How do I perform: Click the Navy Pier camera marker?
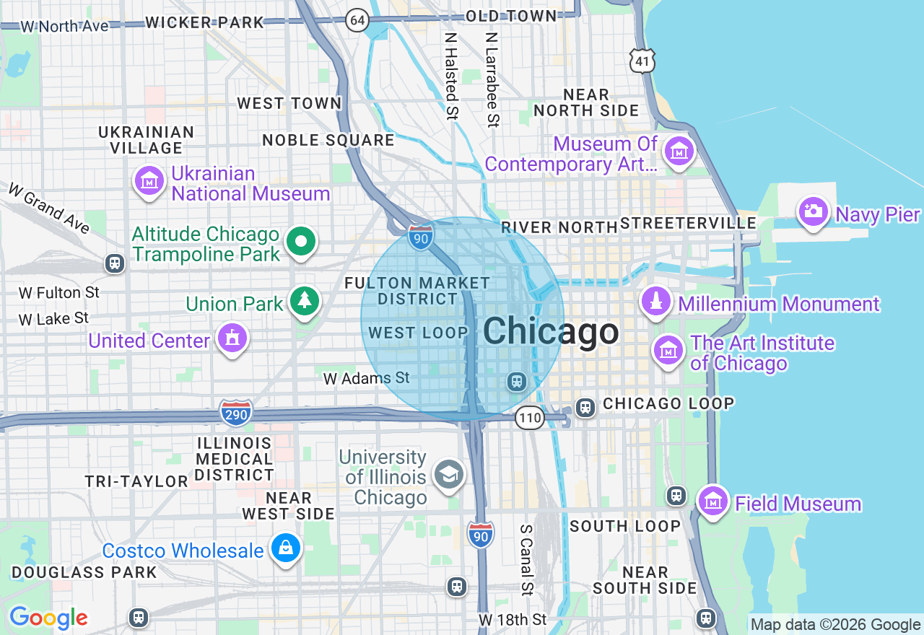(814, 212)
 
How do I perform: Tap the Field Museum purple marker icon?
(713, 501)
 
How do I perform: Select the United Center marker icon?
(232, 338)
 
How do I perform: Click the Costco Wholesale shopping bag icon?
(286, 549)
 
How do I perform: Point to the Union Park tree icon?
(305, 301)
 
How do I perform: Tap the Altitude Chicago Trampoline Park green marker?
(301, 242)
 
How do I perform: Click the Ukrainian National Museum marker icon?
(149, 180)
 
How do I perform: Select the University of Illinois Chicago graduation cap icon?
(449, 475)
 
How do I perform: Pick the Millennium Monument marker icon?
(656, 302)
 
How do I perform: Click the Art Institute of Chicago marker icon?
(668, 351)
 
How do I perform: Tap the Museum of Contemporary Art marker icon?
(679, 152)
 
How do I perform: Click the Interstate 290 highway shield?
(237, 413)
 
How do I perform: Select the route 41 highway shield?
(642, 61)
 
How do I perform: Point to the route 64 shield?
(357, 19)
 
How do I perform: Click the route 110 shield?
(529, 417)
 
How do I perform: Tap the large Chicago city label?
(550, 332)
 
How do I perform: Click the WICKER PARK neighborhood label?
(204, 22)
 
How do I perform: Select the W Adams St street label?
(366, 378)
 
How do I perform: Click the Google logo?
(48, 618)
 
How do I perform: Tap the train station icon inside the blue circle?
(515, 381)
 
